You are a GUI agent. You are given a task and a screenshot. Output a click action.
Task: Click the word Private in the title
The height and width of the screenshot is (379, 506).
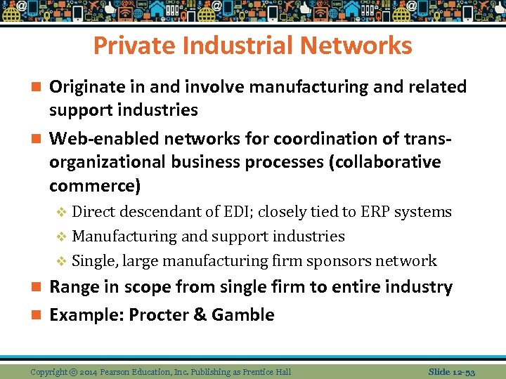point(128,46)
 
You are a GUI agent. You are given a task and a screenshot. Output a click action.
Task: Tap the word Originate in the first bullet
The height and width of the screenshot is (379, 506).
point(89,87)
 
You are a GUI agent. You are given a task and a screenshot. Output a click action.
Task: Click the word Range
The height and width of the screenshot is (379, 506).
point(74,287)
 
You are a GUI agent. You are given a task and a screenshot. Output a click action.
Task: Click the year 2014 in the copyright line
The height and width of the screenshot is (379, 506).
point(88,371)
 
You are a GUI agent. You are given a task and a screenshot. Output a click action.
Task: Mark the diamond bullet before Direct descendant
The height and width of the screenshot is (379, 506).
point(61,212)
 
